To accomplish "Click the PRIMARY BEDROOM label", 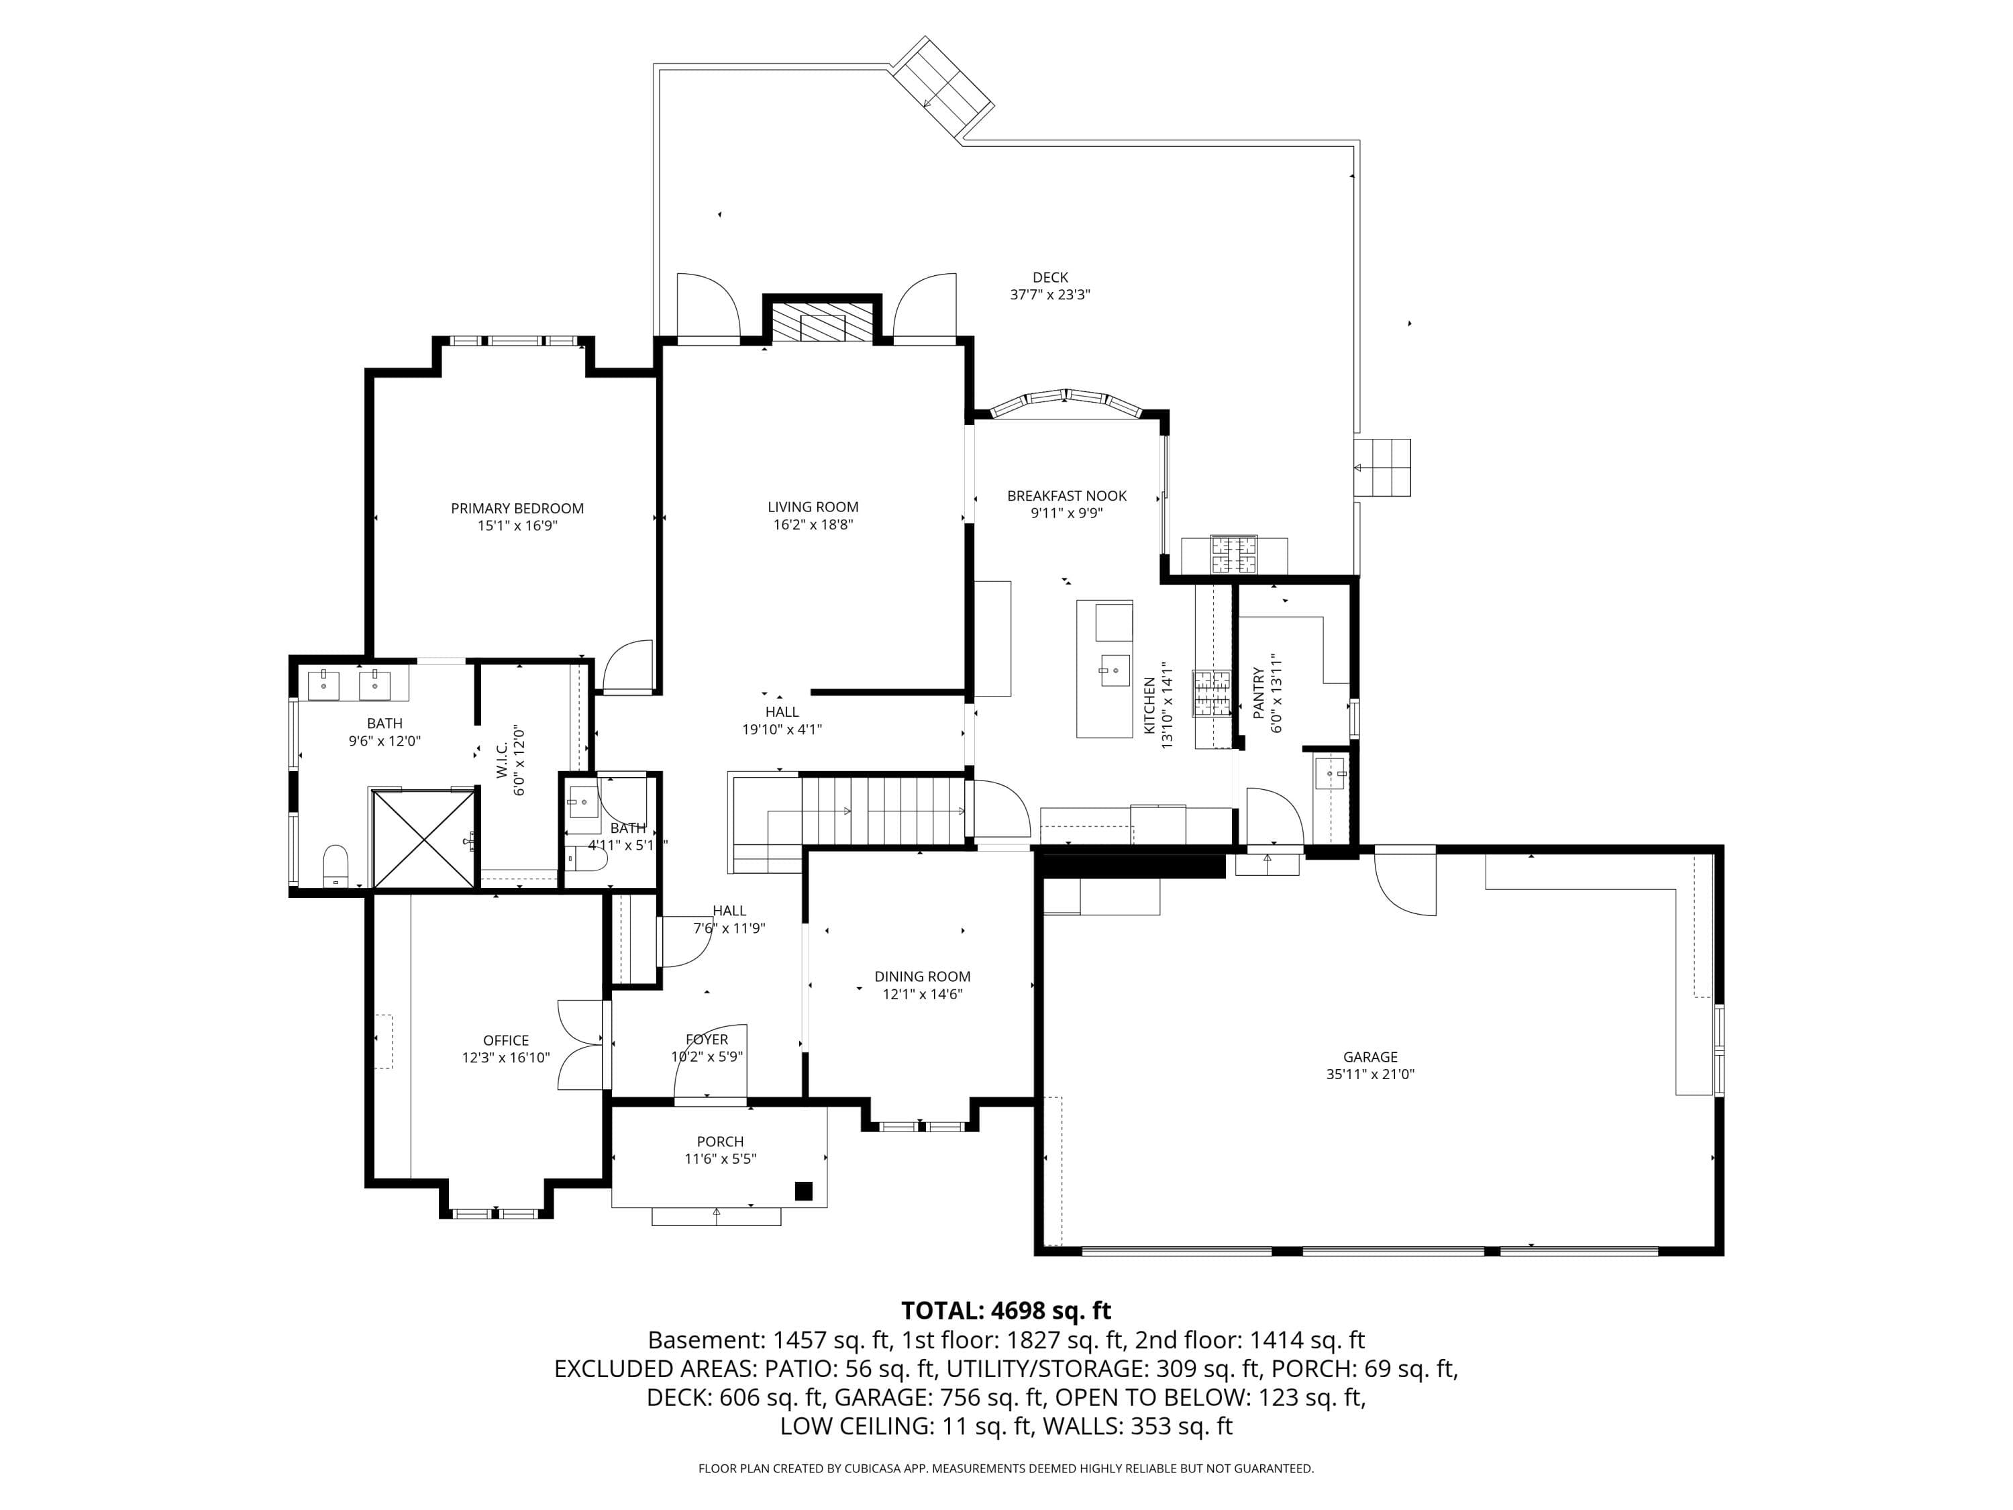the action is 517,508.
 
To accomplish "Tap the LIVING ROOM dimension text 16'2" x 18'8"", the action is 813,524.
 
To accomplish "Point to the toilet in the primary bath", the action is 335,864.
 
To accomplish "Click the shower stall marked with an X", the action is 424,838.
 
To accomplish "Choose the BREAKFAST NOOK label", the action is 1067,496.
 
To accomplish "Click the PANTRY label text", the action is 1257,693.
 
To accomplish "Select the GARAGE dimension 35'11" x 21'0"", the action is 1370,1074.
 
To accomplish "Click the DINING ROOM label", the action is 923,976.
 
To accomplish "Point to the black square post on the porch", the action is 804,1191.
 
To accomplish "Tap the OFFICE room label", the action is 506,1040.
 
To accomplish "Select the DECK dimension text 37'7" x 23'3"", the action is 1050,295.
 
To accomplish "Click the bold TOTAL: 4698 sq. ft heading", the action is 1006,1311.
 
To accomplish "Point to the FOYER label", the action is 707,1040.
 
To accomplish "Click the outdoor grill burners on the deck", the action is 1233,554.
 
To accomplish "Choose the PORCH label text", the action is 720,1142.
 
